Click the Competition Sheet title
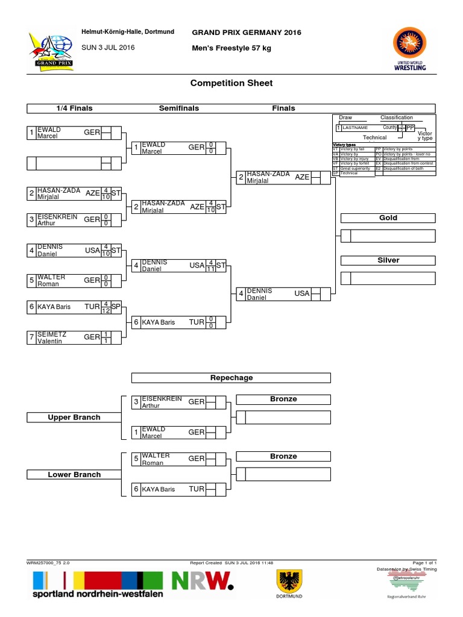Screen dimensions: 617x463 tap(231, 83)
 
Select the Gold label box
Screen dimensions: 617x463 tap(388, 218)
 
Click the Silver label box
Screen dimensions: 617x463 tap(388, 260)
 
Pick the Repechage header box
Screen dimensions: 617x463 tap(231, 378)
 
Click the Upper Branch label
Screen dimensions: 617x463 tap(74, 418)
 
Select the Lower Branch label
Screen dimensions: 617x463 tap(74, 475)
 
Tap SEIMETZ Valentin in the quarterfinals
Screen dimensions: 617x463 tap(52, 337)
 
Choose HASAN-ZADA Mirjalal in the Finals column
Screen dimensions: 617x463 tap(268, 177)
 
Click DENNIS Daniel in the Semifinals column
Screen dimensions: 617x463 tap(156, 266)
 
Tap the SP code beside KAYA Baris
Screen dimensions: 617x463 tap(116, 307)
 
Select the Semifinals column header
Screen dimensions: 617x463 tap(178, 108)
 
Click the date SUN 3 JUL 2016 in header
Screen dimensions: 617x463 tap(108, 48)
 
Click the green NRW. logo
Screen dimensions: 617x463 tap(203, 581)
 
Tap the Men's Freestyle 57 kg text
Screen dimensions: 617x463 tap(231, 48)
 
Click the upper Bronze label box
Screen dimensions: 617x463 tap(283, 399)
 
